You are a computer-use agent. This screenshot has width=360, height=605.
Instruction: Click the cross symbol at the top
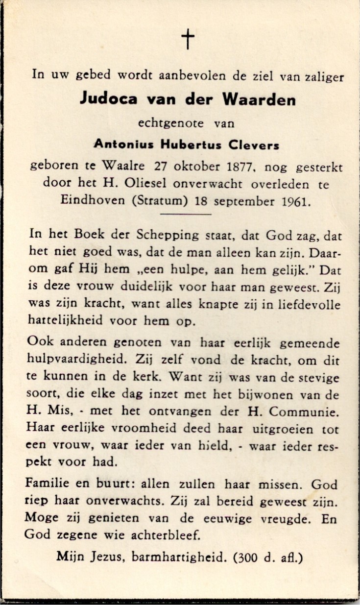tap(188, 39)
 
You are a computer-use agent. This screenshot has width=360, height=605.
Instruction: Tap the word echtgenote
tap(170, 123)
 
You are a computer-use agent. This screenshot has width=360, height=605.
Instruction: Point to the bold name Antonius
tap(124, 145)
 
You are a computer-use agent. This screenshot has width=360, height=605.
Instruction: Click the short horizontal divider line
tap(186, 214)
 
